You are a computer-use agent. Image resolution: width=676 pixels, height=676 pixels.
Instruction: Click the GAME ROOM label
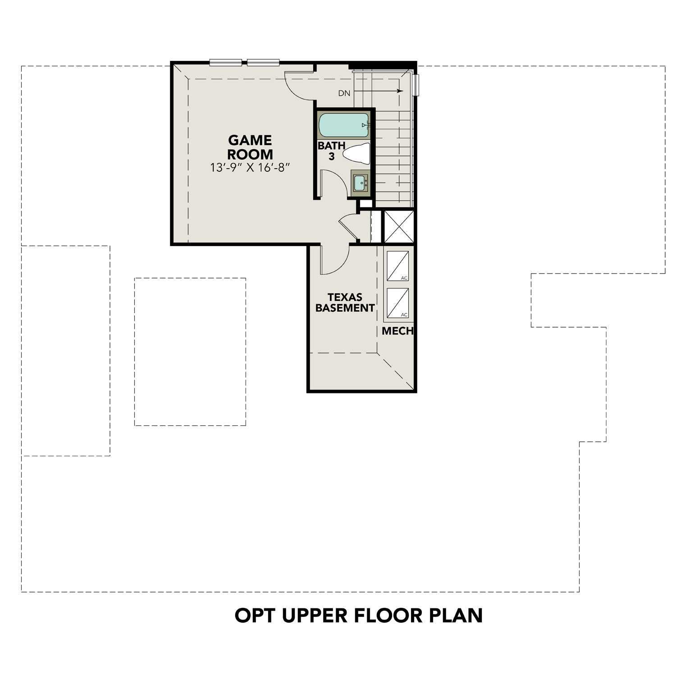[x=250, y=147]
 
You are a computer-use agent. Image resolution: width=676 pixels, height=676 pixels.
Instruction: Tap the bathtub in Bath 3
[x=343, y=125]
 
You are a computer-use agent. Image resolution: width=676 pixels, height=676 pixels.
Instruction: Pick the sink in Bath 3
[x=360, y=183]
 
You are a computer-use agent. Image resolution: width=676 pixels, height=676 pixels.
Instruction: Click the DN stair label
[x=344, y=94]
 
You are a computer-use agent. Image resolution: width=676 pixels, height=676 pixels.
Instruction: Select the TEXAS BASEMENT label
[x=345, y=302]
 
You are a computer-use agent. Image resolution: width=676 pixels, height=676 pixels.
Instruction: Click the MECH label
[x=397, y=331]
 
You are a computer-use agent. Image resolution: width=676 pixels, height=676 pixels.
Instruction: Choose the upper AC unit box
[x=397, y=266]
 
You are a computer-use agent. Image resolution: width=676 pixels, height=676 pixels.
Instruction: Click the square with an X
[x=398, y=227]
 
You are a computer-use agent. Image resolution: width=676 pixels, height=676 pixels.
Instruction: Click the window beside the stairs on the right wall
[x=417, y=85]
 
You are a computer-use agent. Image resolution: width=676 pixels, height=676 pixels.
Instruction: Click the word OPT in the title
[x=255, y=615]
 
